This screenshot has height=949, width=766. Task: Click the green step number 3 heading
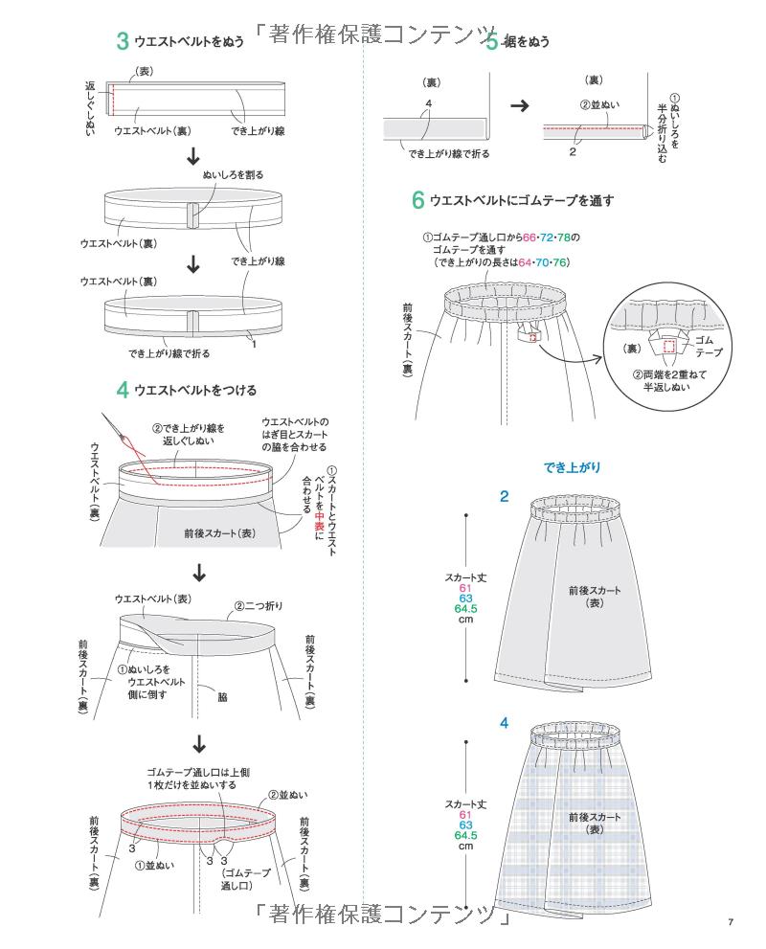point(123,41)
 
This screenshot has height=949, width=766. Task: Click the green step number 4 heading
point(123,390)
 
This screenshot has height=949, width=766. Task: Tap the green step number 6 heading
point(417,200)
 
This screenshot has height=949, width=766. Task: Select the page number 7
point(730,922)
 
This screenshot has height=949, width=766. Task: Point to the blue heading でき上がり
point(572,467)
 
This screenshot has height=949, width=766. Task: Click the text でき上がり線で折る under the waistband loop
point(169,353)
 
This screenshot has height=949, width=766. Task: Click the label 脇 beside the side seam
point(222,697)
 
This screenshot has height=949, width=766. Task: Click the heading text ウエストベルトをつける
point(195,391)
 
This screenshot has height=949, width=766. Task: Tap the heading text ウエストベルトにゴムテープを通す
point(521,201)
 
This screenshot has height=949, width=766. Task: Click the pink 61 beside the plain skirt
point(465,588)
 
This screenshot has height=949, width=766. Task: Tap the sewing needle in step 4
point(120,436)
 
